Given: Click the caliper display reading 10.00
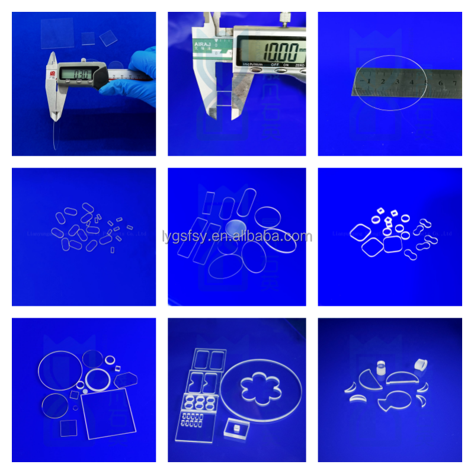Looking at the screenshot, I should [270, 47].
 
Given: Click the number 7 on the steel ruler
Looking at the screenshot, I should [455, 81].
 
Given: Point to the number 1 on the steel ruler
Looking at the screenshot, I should [369, 81].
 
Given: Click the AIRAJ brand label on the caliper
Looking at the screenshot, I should [205, 44].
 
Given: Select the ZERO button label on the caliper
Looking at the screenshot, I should [299, 64].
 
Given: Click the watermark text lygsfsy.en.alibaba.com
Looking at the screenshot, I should [236, 237].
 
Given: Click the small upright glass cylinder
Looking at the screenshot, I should [382, 367].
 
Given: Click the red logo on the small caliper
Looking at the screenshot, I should [53, 74].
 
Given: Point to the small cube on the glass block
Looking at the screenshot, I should [236, 428].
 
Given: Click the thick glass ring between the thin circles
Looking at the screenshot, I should [97, 380].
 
